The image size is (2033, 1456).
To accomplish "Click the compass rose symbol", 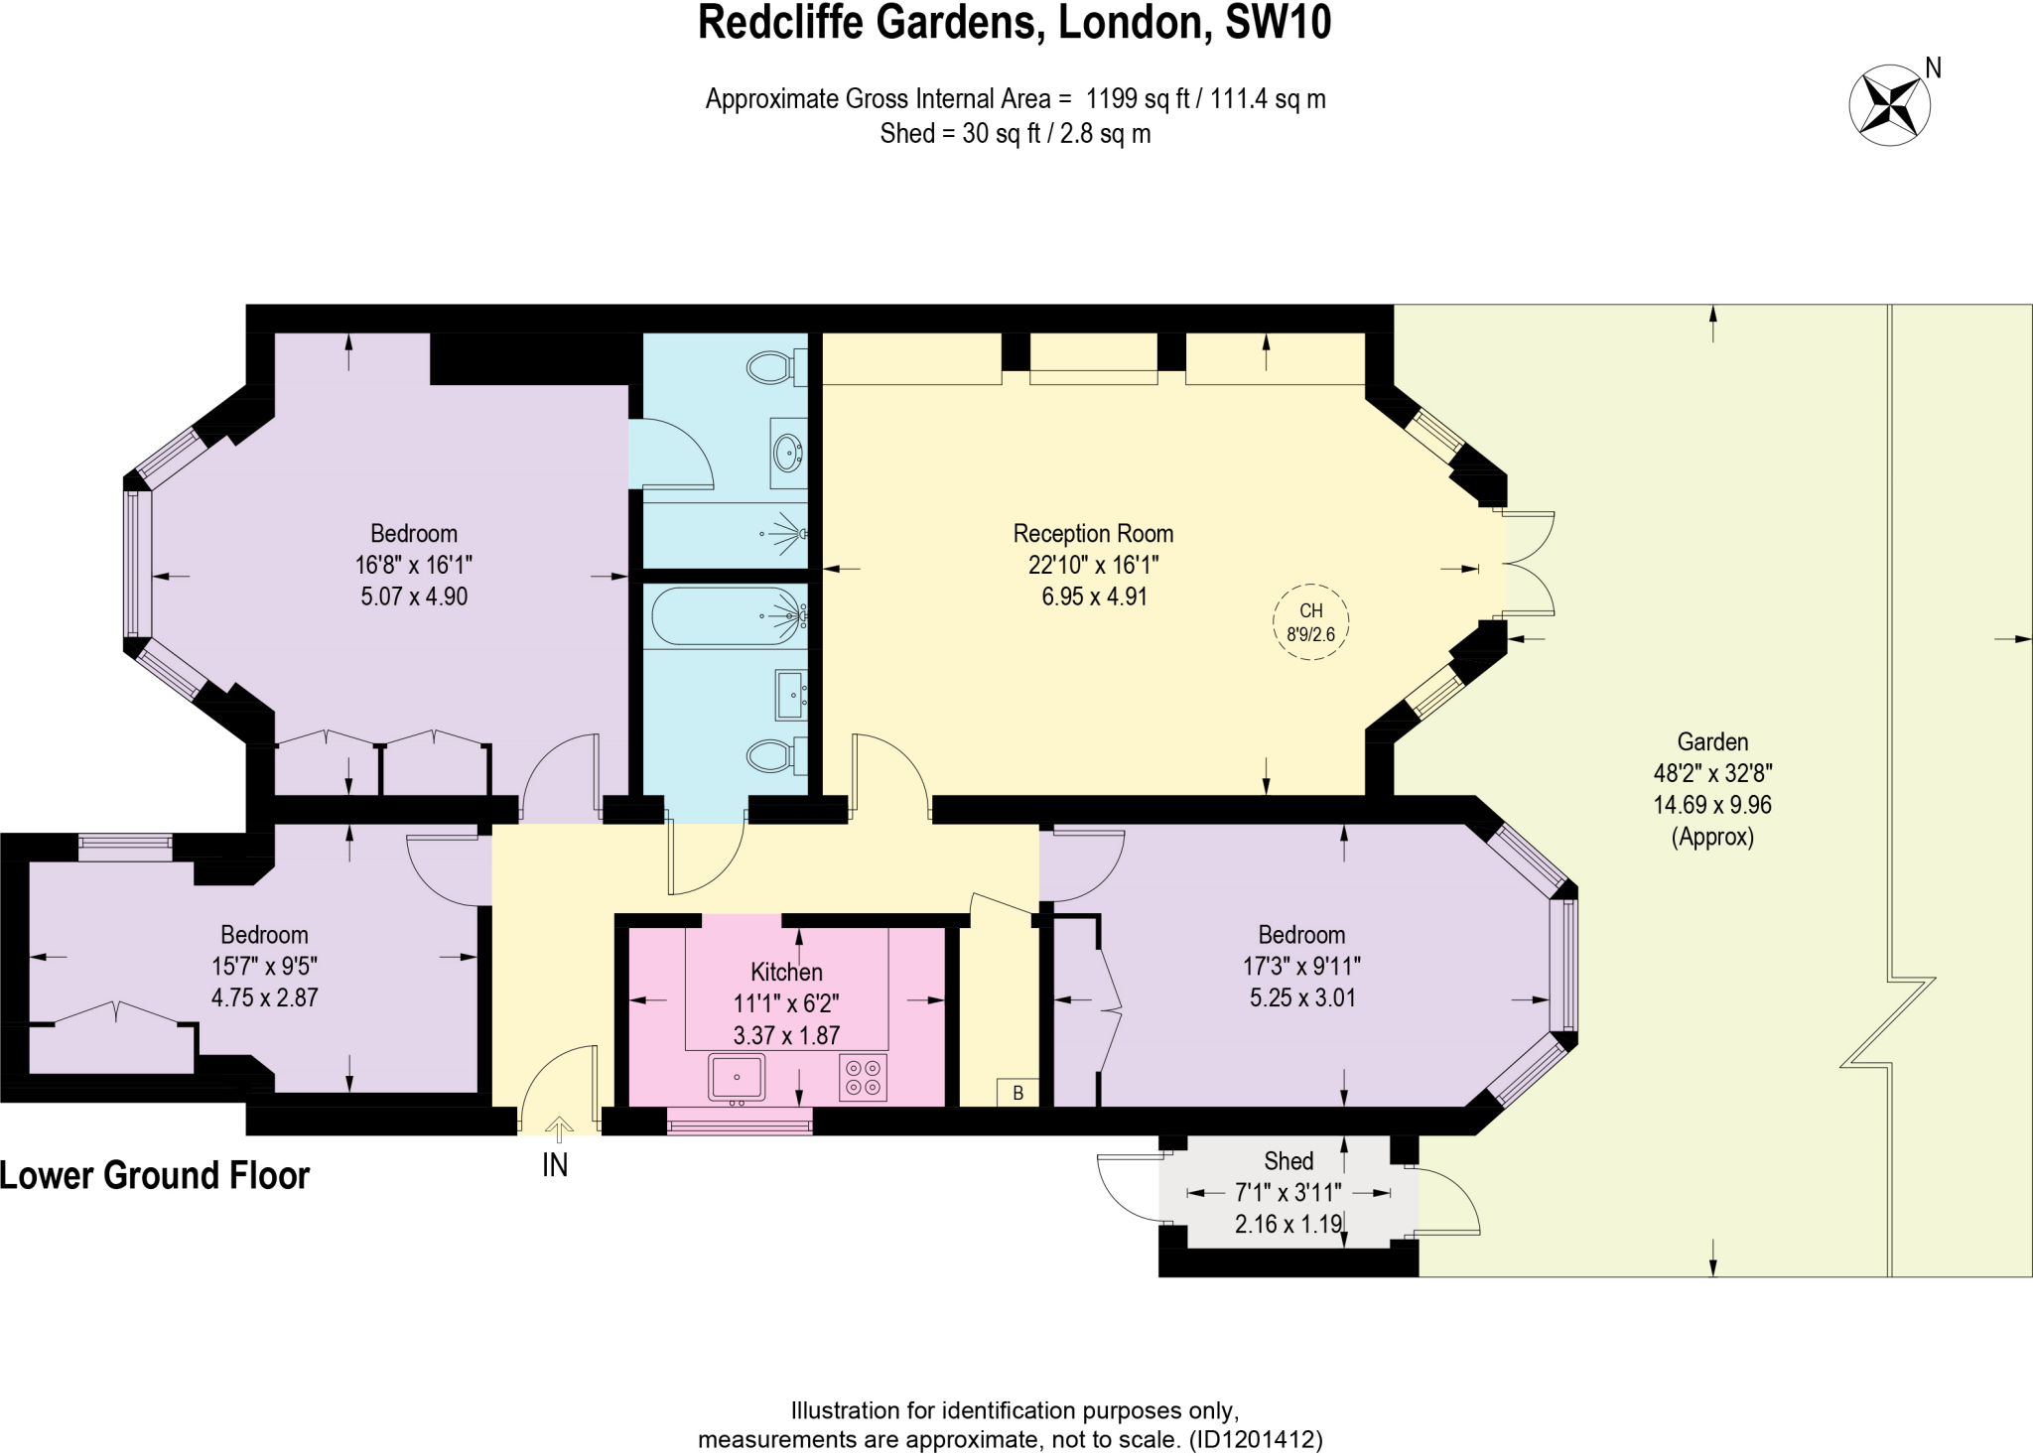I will [1889, 104].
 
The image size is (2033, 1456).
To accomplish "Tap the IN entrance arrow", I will [559, 1130].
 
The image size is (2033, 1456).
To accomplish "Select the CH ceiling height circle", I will [1310, 622].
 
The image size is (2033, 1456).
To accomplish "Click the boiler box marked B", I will [1017, 1093].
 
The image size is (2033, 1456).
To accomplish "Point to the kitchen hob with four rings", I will [862, 1078].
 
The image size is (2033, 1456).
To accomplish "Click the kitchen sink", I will [737, 1077].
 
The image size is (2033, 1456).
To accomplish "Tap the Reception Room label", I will [1093, 534].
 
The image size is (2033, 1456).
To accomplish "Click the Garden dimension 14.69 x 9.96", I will [1711, 805].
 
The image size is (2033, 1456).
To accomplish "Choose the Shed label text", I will [1288, 1161].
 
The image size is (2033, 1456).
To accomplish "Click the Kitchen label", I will [786, 973].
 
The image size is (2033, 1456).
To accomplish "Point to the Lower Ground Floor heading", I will [155, 1176].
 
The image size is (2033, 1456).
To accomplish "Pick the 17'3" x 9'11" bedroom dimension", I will [1301, 966].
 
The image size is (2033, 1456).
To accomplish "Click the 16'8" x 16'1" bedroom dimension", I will [413, 566].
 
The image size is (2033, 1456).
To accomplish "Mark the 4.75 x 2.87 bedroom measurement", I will [264, 997].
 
